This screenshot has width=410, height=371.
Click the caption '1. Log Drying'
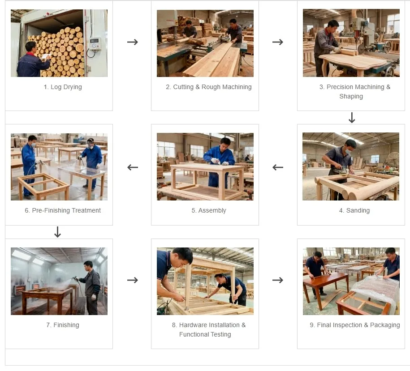pyautogui.click(x=63, y=87)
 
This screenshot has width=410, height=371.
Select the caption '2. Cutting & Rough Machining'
pyautogui.click(x=208, y=87)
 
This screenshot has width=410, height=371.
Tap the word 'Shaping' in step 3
pyautogui.click(x=351, y=96)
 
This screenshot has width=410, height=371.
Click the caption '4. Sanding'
pyautogui.click(x=354, y=210)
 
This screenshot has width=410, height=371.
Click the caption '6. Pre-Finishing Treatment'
pyautogui.click(x=63, y=210)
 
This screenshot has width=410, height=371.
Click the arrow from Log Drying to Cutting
pyautogui.click(x=132, y=42)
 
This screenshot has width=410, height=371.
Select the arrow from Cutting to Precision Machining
pyautogui.click(x=278, y=42)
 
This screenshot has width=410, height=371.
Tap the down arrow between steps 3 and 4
pyautogui.click(x=352, y=118)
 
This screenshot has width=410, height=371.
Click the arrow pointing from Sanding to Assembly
pyautogui.click(x=278, y=167)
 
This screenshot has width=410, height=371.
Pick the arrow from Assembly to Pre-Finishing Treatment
pyautogui.click(x=132, y=167)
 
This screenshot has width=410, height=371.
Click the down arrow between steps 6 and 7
pyautogui.click(x=57, y=232)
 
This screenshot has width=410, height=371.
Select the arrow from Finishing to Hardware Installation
pyautogui.click(x=132, y=280)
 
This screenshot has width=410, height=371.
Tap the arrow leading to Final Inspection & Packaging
pyautogui.click(x=278, y=280)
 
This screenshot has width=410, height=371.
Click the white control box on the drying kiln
pyautogui.click(x=94, y=43)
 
